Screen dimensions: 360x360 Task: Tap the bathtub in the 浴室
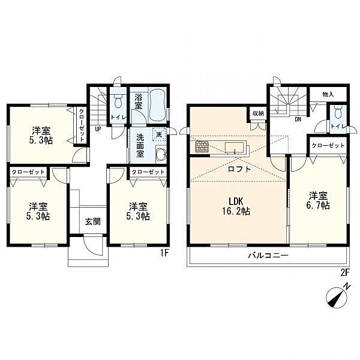tap(157, 106)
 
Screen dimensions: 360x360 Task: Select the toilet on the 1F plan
tap(118, 101)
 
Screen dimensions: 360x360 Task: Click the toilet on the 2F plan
tap(338, 112)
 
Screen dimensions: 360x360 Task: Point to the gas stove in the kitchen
tap(202, 146)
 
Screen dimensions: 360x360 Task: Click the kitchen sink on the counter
tap(234, 147)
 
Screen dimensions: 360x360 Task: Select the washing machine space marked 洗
tap(159, 134)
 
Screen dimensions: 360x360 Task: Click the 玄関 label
tap(93, 222)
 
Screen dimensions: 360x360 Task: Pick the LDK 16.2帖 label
tap(236, 206)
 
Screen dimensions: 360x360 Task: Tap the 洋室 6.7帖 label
tap(318, 200)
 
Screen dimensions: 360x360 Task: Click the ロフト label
tap(239, 169)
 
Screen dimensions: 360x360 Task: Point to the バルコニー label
tap(268, 256)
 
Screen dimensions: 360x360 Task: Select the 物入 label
tap(328, 94)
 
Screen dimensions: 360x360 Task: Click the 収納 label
tap(259, 113)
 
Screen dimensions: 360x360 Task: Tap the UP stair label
tap(98, 129)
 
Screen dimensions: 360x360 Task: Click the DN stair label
tap(298, 119)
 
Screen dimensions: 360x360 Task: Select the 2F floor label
tap(345, 272)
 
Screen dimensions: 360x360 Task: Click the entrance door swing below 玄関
tap(93, 245)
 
